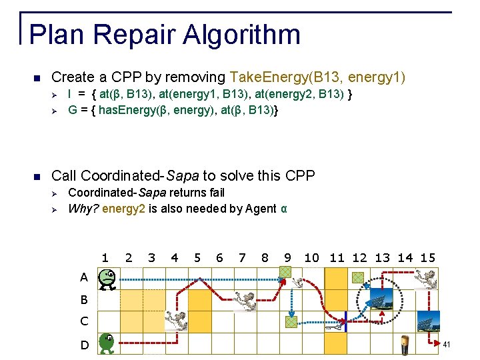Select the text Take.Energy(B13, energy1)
pyautogui.click(x=317, y=77)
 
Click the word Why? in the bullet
pyautogui.click(x=83, y=209)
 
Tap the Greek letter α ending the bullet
pyautogui.click(x=284, y=209)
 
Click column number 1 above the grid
pyautogui.click(x=105, y=257)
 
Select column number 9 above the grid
pyautogui.click(x=287, y=257)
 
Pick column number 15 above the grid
pyautogui.click(x=428, y=257)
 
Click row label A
pyautogui.click(x=84, y=277)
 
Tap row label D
pyautogui.click(x=85, y=345)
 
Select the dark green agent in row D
pyautogui.click(x=106, y=344)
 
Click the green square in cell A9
pyautogui.click(x=285, y=272)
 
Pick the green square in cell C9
pyautogui.click(x=291, y=321)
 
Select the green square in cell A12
pyautogui.click(x=358, y=277)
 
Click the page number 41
pyautogui.click(x=447, y=345)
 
